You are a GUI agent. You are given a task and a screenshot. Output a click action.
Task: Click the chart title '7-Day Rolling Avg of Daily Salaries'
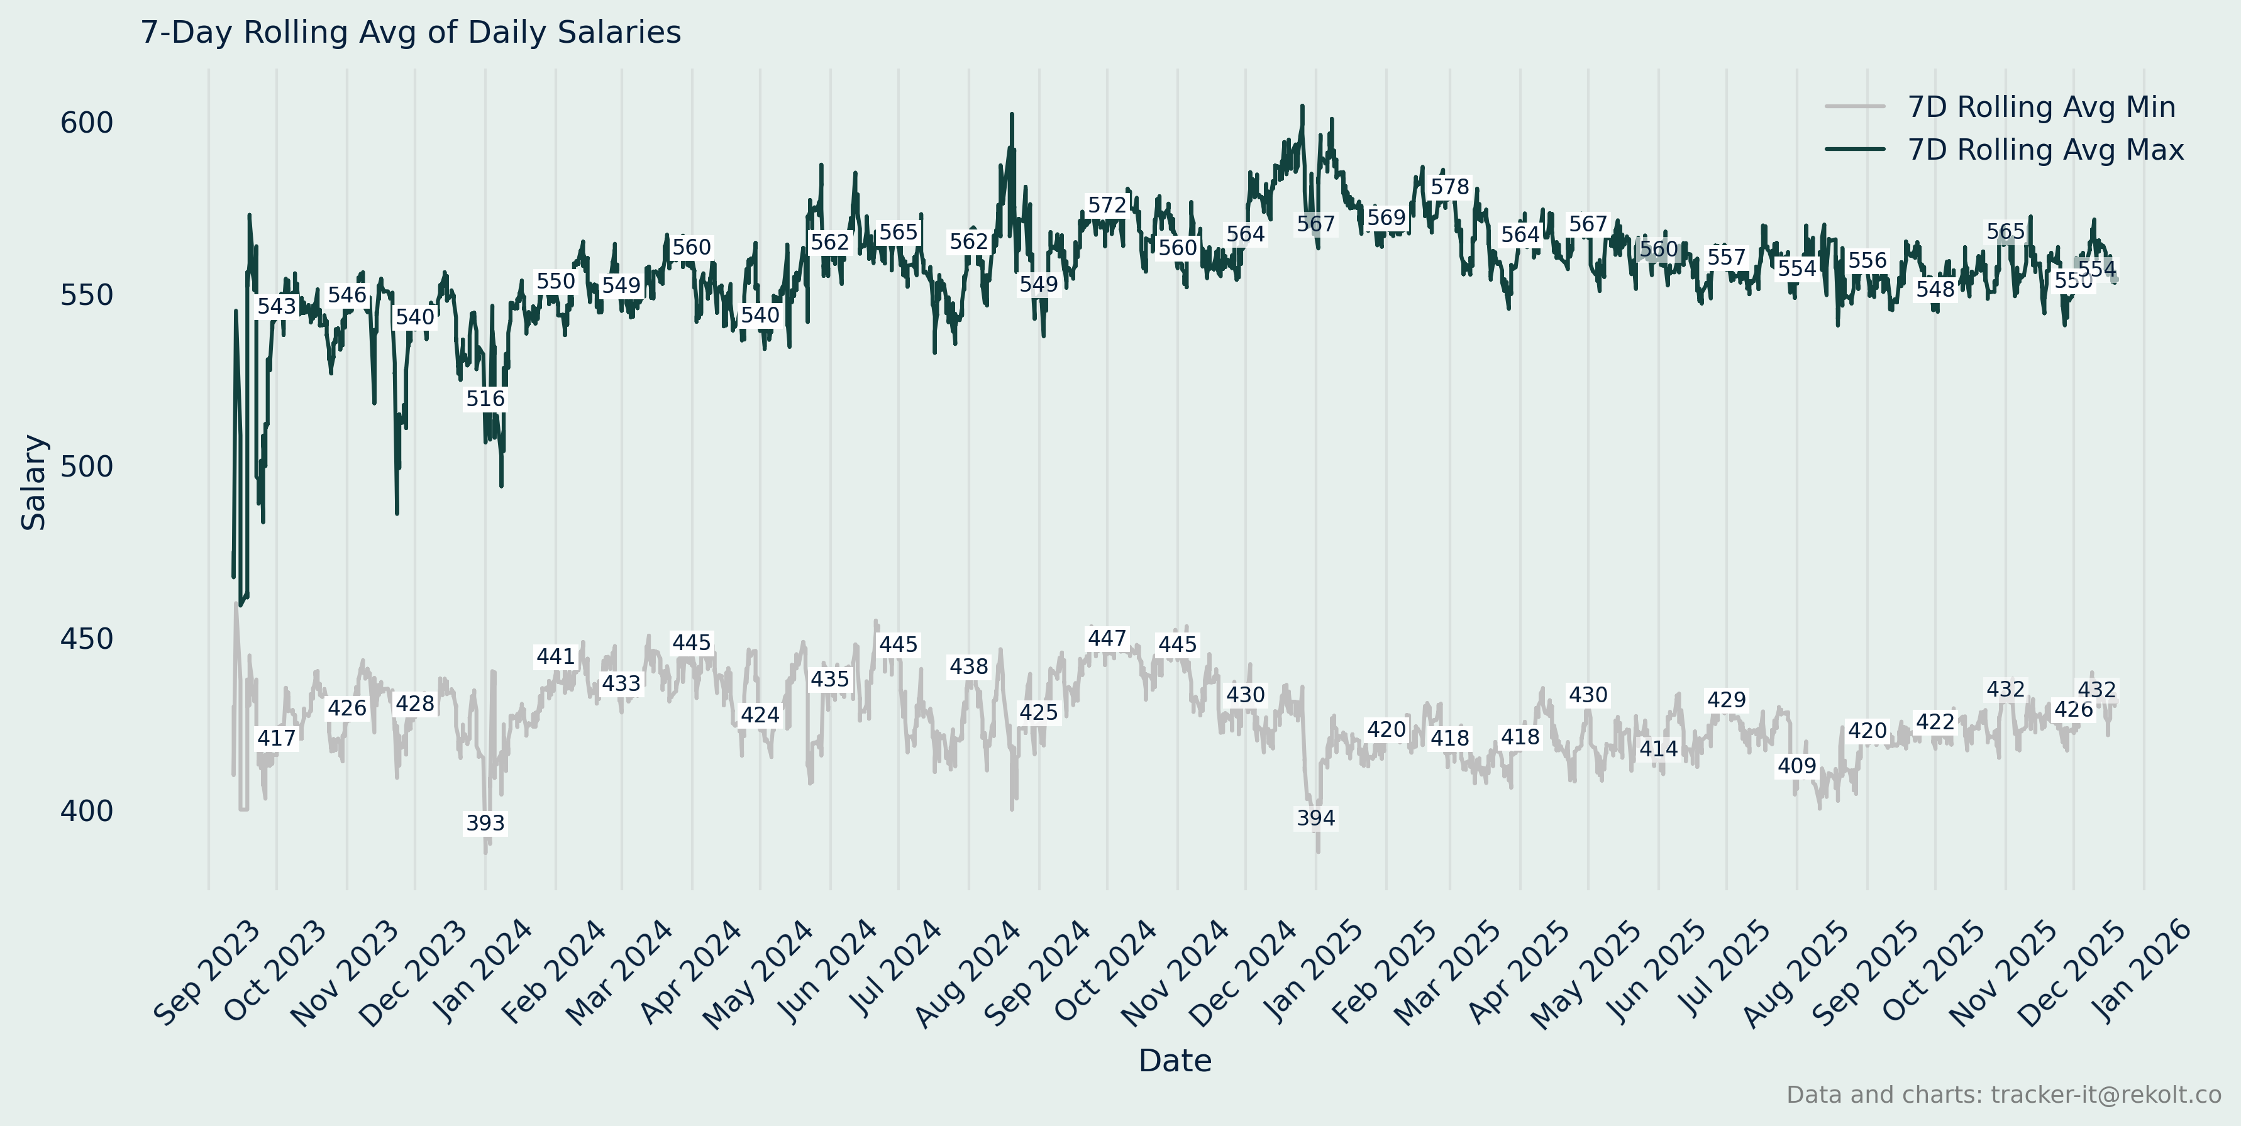tap(411, 32)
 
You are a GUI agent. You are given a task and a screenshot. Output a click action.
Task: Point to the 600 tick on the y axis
tap(86, 123)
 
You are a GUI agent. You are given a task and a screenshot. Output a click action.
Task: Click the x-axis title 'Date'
tap(1175, 1060)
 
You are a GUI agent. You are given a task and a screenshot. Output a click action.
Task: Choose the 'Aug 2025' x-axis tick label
tap(1796, 974)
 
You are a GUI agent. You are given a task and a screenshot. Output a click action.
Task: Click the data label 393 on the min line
tap(485, 822)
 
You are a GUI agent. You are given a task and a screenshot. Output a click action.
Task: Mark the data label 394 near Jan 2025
tap(1315, 817)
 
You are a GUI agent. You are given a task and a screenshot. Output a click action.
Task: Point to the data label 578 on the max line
tap(1449, 187)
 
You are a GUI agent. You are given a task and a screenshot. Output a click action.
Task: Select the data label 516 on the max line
tap(485, 398)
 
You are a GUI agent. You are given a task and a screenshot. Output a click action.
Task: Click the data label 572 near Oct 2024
tap(1107, 205)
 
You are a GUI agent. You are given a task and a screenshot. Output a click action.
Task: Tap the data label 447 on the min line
tap(1107, 638)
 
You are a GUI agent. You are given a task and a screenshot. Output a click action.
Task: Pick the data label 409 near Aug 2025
tap(1796, 765)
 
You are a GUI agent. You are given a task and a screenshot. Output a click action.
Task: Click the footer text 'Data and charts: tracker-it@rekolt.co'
tap(2003, 1094)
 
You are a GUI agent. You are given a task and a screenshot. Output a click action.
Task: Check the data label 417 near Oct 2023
tap(277, 738)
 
